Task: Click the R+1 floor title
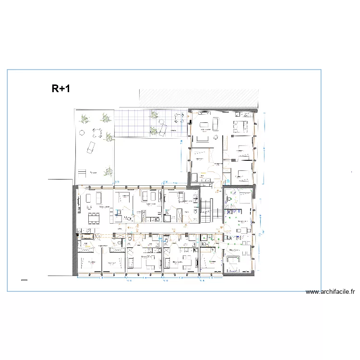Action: coord(61,88)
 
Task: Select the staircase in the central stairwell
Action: coord(206,208)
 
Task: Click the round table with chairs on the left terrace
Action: coord(97,132)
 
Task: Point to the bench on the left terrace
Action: coord(82,171)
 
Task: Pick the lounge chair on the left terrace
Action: coord(91,148)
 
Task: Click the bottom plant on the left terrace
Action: coord(109,170)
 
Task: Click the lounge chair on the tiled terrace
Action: coord(163,129)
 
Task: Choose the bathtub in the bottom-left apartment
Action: coord(88,237)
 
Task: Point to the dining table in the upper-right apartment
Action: coord(240,126)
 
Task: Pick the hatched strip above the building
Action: coord(199,98)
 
